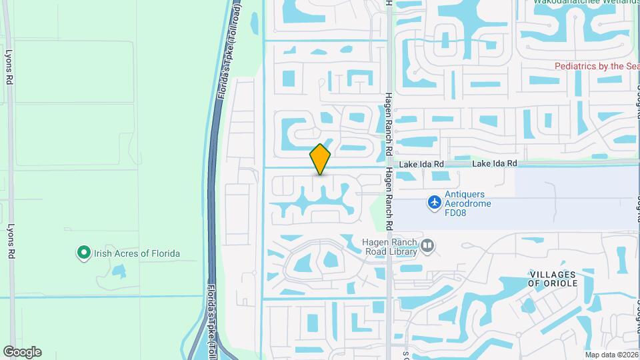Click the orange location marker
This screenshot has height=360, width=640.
320,159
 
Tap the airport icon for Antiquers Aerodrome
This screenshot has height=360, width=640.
435,201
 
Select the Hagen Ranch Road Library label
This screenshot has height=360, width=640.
390,247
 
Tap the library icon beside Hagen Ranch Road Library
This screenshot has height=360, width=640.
428,247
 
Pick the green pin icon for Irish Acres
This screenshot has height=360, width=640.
83,253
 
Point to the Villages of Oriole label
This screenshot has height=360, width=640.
553,279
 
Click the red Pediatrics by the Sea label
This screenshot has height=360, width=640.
597,66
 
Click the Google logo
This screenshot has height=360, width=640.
22,352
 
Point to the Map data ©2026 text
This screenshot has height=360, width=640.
611,355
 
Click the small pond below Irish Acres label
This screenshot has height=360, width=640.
119,271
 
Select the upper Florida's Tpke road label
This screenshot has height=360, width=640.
229,50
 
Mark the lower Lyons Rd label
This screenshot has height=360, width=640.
9,239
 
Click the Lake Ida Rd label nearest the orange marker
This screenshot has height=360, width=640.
421,164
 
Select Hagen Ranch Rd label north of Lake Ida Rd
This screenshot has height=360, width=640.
390,123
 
